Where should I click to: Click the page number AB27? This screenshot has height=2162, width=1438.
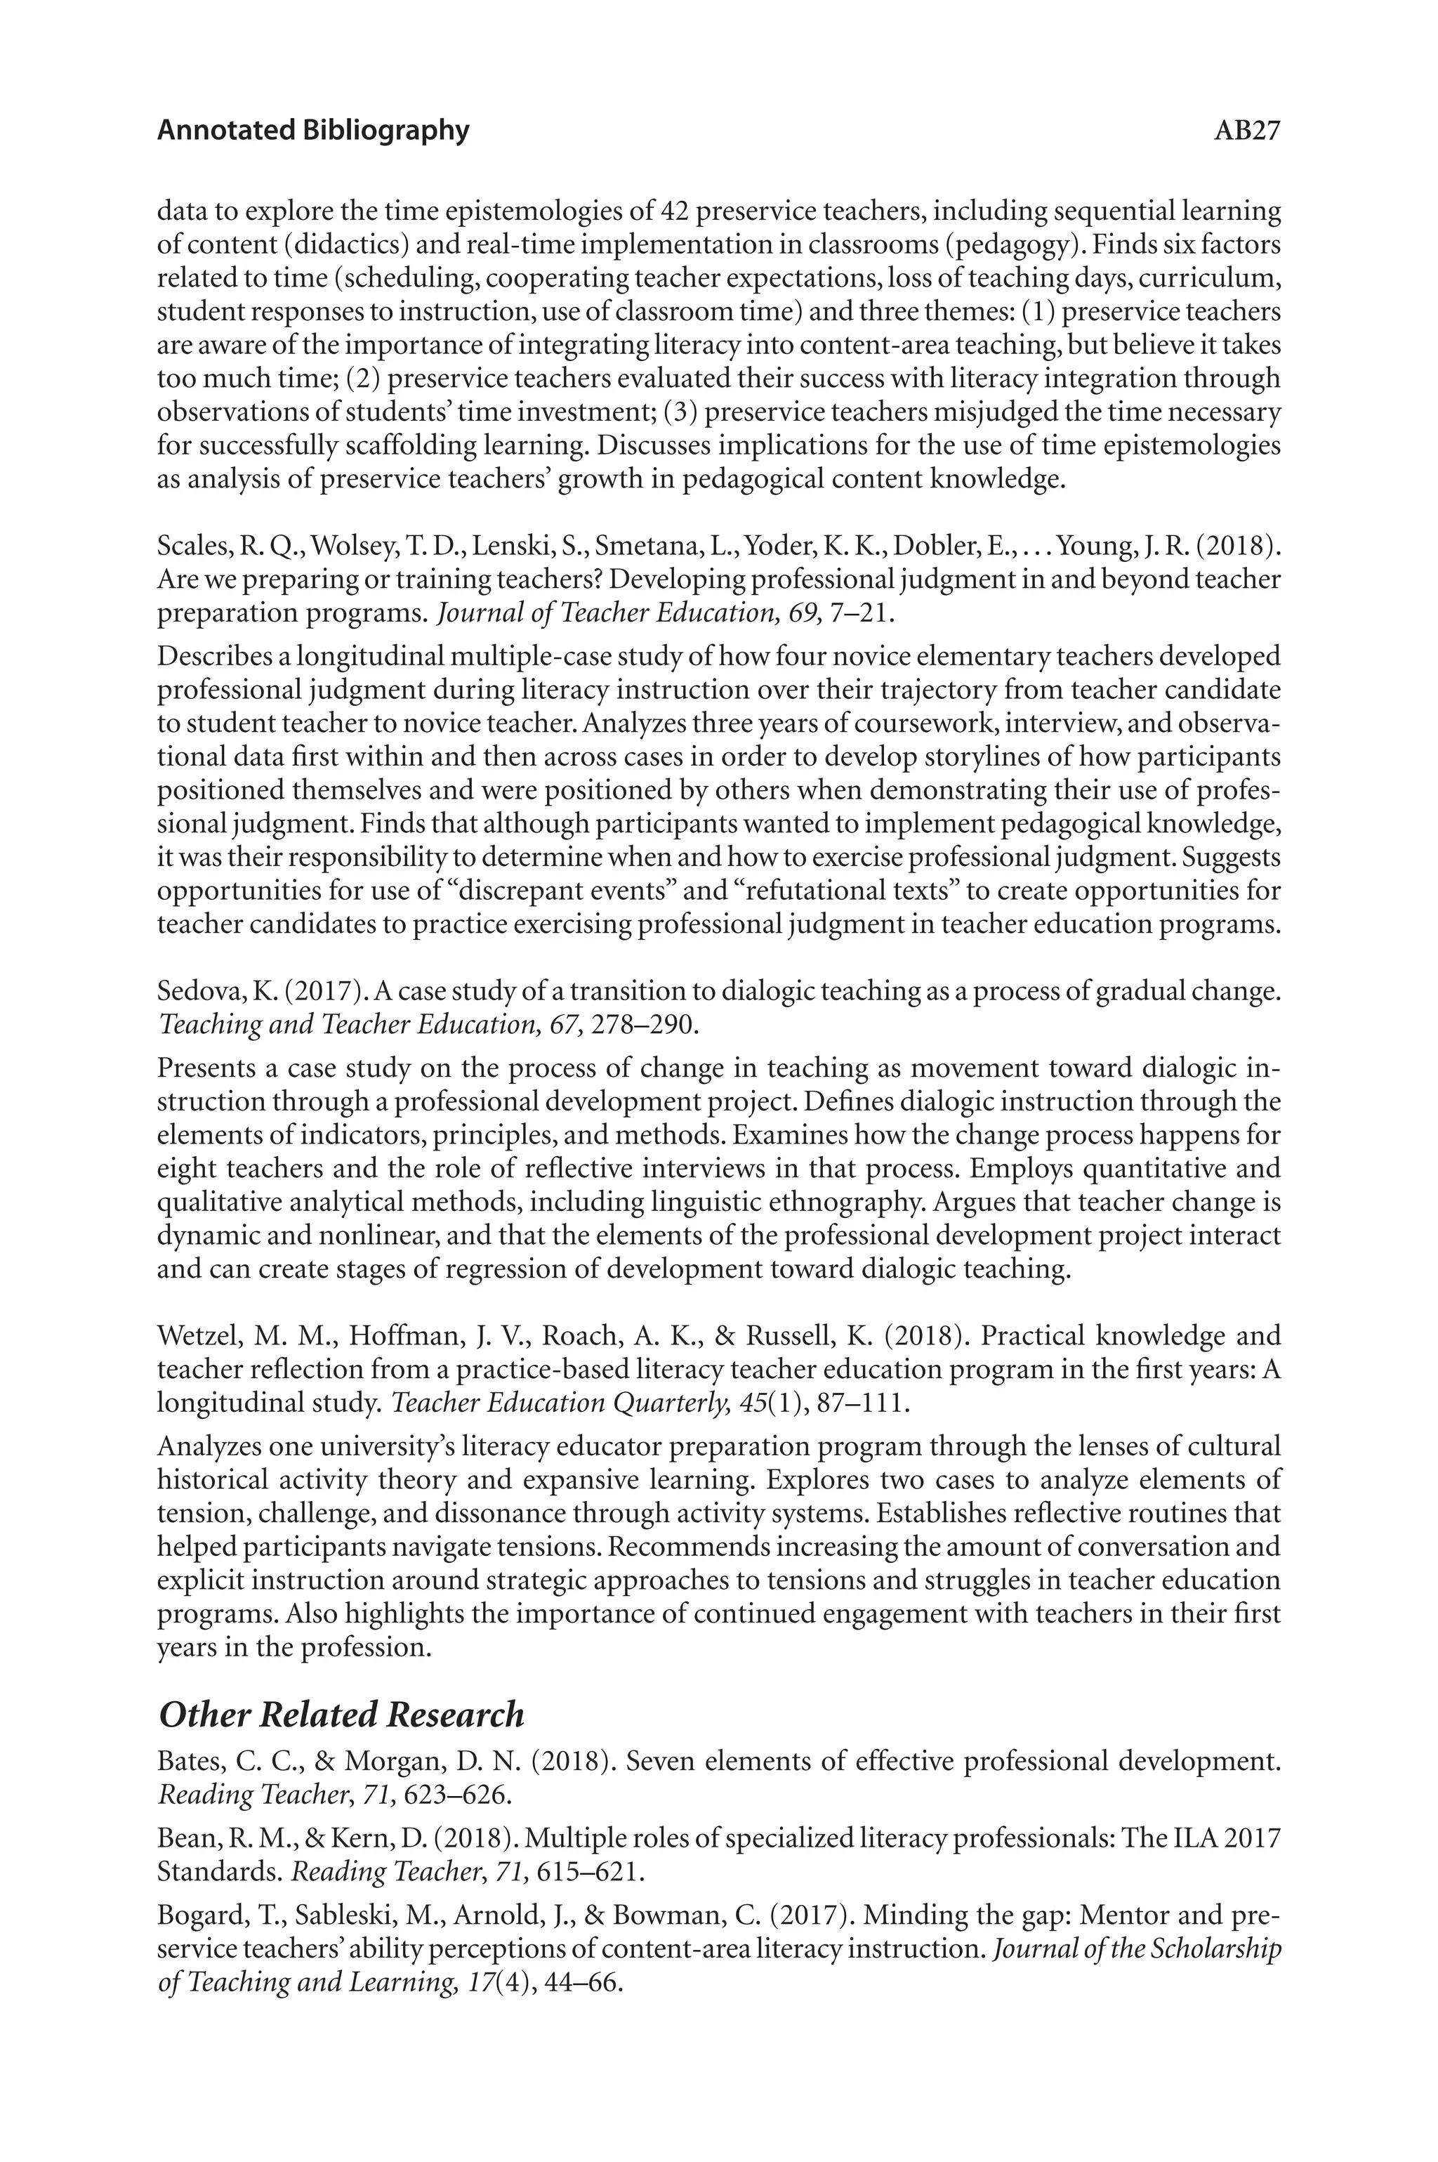pyautogui.click(x=1246, y=131)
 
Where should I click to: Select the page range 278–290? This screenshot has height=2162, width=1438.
pyautogui.click(x=646, y=1025)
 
